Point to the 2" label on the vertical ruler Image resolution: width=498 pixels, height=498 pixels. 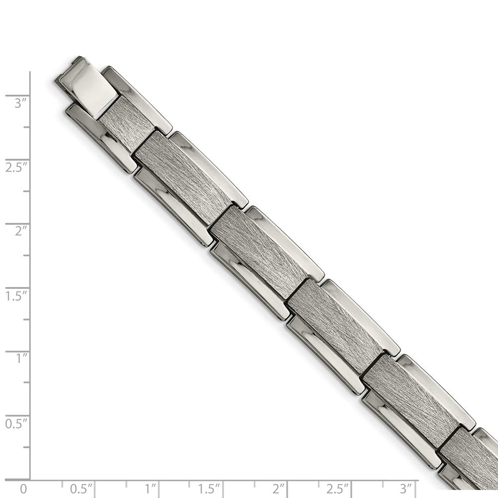(x=19, y=231)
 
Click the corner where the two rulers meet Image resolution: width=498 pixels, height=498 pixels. (x=30, y=480)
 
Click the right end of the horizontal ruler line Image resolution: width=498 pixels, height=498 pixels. (x=417, y=480)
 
